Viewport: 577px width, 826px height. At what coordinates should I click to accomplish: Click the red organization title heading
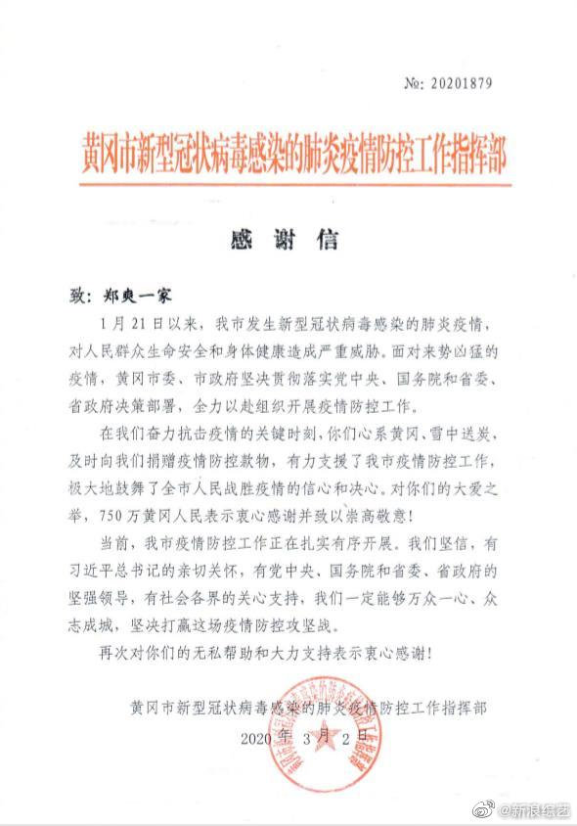[x=294, y=154]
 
